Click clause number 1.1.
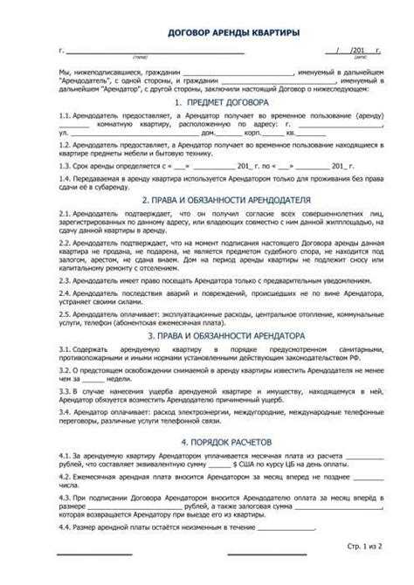(64, 115)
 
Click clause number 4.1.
(64, 456)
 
